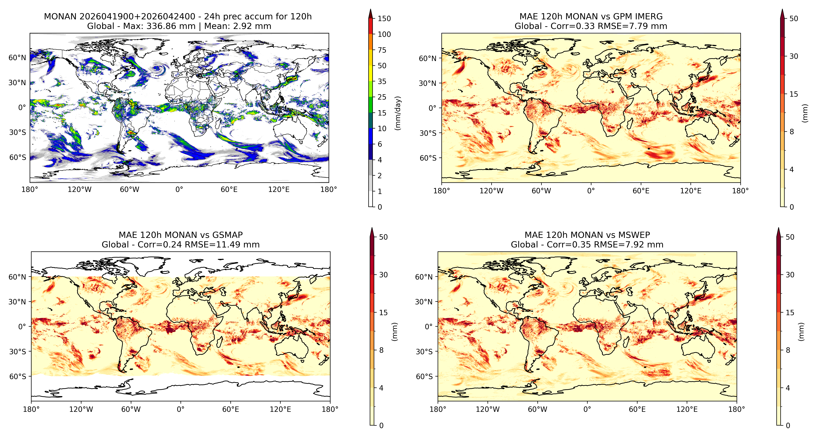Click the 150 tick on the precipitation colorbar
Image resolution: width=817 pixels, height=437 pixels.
pos(384,18)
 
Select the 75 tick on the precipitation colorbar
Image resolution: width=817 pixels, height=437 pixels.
pos(382,50)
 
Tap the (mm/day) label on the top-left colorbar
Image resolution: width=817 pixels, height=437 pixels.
pos(398,113)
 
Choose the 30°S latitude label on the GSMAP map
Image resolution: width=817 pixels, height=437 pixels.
pos(17,351)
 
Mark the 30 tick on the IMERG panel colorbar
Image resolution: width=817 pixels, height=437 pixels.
pos(794,56)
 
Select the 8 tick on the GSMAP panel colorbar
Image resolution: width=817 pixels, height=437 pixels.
pos(381,350)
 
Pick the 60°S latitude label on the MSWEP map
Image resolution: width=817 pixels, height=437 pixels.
pos(424,377)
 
